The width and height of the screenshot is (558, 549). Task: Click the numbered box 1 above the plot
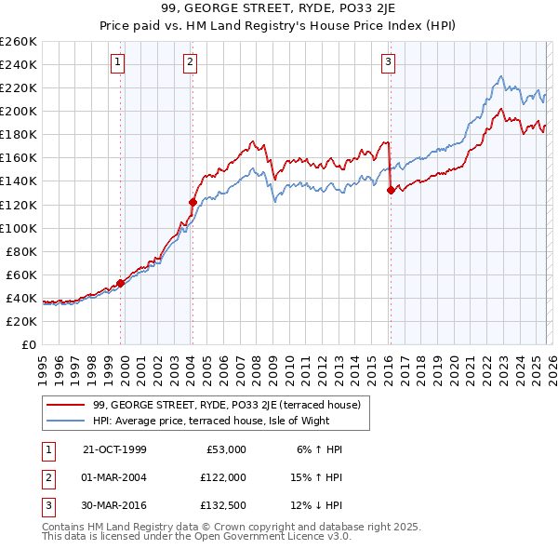point(119,62)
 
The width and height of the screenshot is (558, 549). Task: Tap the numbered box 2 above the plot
point(190,62)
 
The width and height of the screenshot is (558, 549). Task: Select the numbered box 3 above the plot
point(388,62)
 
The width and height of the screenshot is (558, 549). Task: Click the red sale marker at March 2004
point(193,201)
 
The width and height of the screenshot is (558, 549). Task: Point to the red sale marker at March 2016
point(391,190)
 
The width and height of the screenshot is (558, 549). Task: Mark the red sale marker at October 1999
point(121,283)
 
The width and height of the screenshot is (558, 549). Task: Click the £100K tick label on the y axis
point(19,228)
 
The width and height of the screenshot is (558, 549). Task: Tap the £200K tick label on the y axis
point(19,111)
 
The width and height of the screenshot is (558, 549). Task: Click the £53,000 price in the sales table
point(223,449)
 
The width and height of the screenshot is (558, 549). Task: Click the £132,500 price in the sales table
point(220,505)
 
